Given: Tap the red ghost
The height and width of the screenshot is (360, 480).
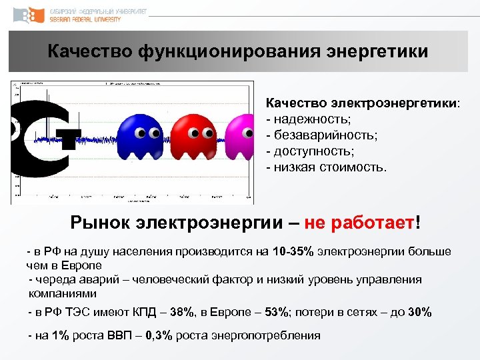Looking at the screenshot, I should coord(193,133).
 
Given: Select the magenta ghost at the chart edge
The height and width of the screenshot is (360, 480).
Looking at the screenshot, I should coord(240,133).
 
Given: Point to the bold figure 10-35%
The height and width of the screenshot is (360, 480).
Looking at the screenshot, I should coord(292,251).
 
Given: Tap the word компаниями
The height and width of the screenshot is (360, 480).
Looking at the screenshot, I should coord(62,293).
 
